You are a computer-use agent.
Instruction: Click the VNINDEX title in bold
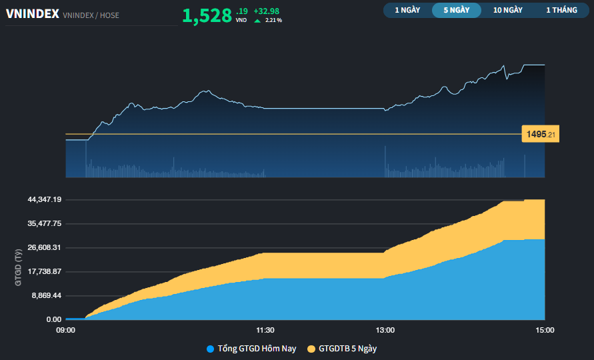32,13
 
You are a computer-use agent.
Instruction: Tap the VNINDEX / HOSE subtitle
91,15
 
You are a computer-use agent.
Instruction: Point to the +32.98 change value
267,11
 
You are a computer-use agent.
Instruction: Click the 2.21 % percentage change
273,21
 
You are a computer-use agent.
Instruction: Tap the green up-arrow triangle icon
257,21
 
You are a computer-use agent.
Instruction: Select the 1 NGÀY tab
407,10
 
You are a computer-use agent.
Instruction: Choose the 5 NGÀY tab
457,10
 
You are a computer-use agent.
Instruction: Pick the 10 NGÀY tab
507,10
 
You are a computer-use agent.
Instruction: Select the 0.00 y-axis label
53,319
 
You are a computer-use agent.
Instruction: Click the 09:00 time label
65,330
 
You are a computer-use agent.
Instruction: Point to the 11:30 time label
265,330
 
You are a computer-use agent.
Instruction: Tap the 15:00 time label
545,330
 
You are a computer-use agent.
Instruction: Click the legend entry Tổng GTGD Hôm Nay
251,349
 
